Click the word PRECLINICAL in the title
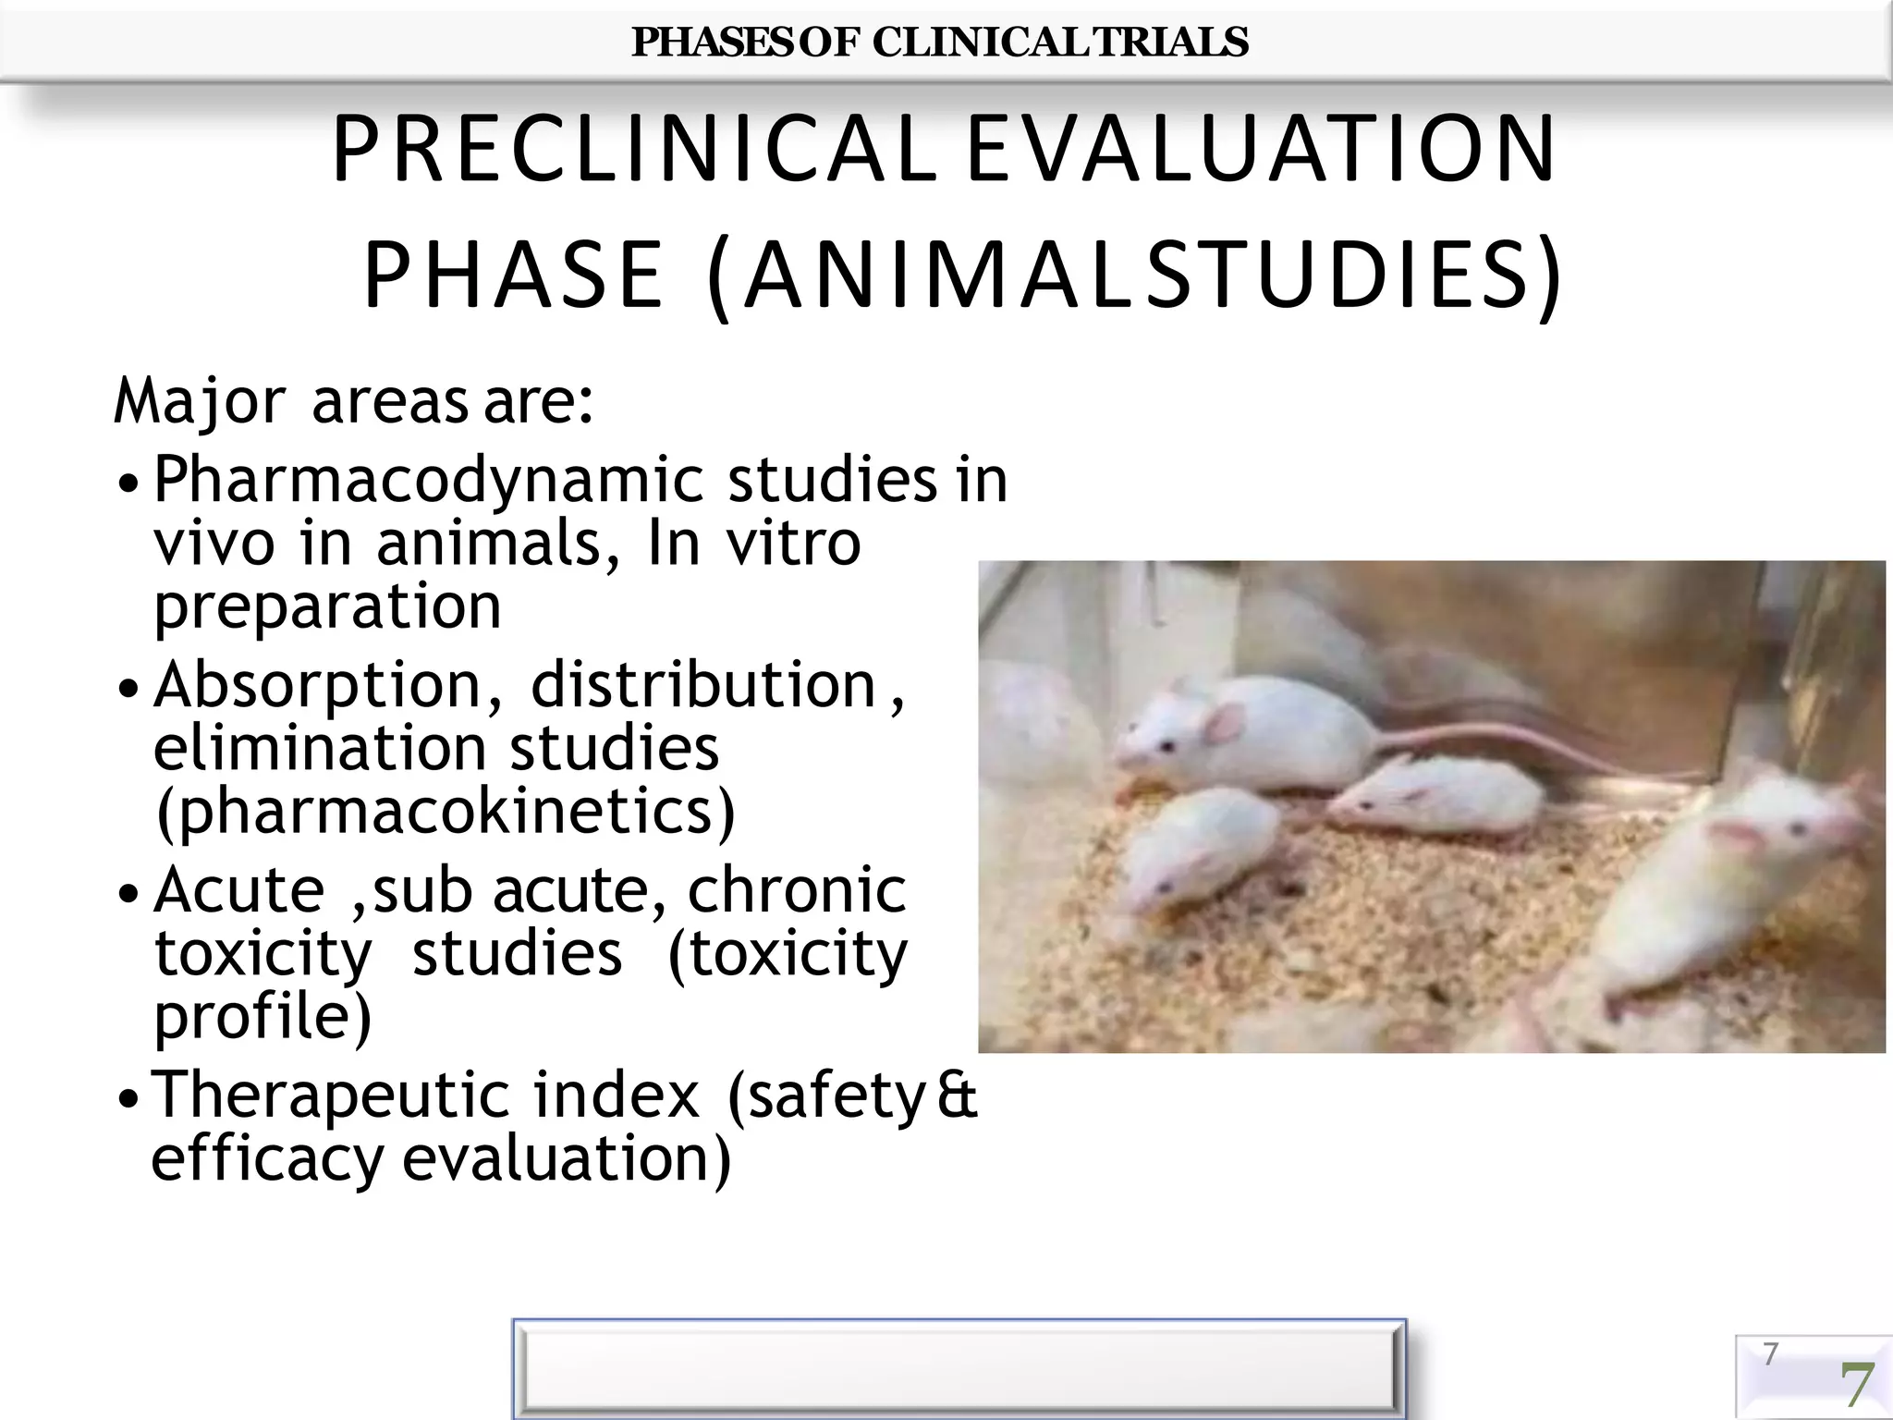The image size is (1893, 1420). coord(634,150)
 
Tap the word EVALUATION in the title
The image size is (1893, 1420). coord(1261,150)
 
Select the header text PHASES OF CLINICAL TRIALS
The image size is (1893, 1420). coord(939,43)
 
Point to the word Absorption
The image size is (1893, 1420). coord(317,686)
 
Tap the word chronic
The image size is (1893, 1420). coord(797,890)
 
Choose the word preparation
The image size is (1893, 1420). coord(327,606)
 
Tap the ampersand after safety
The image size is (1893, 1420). coord(957,1096)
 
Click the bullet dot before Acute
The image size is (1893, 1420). coord(130,895)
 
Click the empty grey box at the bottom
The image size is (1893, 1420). coord(958,1368)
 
